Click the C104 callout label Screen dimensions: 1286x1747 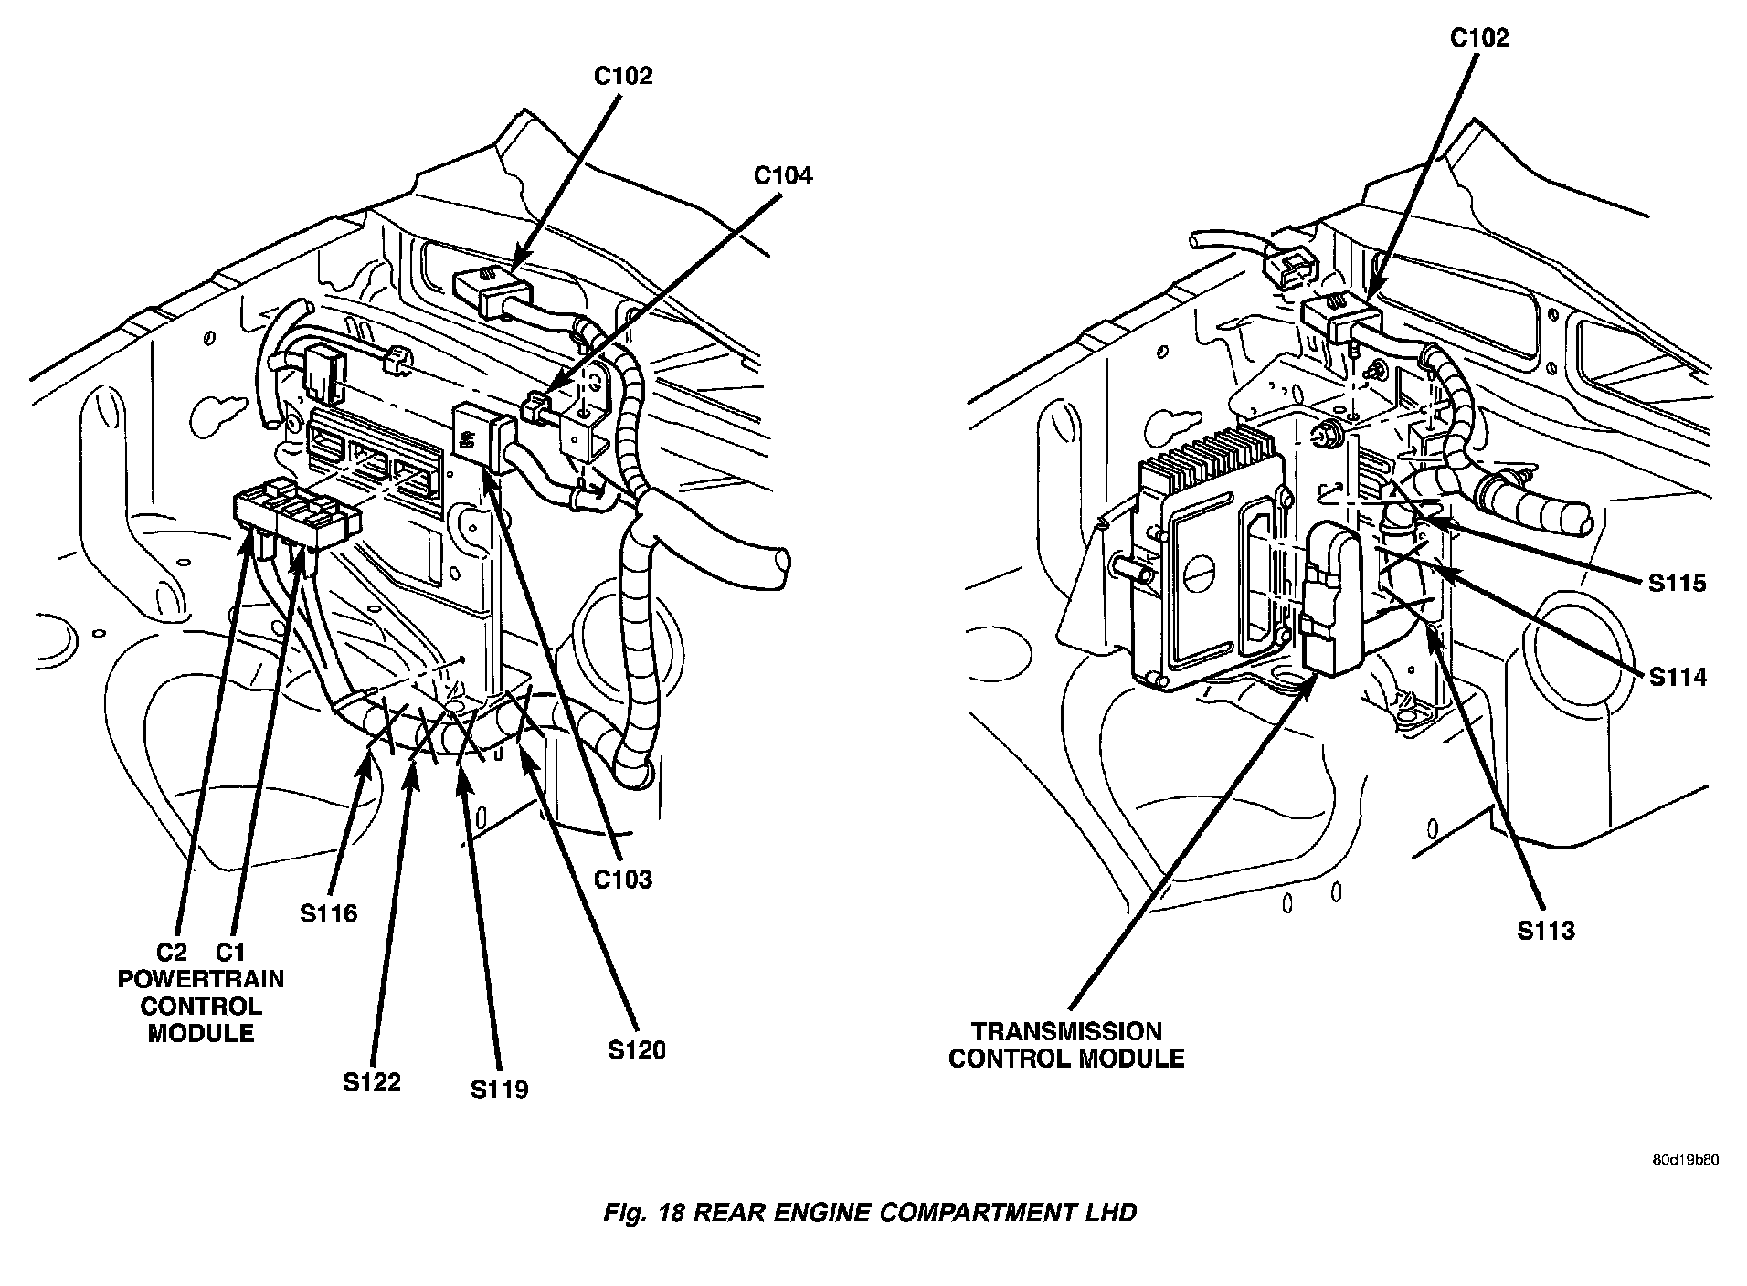(782, 174)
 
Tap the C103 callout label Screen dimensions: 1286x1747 (623, 879)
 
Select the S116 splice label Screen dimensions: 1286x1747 (328, 912)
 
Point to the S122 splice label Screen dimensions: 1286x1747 (372, 1082)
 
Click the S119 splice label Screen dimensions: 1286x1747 (500, 1089)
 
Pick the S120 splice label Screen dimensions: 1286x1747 (637, 1050)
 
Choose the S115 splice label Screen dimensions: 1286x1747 (1678, 583)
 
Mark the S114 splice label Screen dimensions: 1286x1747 (1678, 677)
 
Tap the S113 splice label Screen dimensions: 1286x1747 (1546, 931)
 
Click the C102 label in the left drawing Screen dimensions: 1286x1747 (623, 76)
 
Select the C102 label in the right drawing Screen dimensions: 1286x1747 (1479, 37)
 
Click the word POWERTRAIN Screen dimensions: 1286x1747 (201, 979)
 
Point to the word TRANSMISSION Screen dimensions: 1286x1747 (1066, 1031)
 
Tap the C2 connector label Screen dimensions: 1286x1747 (171, 953)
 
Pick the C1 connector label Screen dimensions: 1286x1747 (229, 953)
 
